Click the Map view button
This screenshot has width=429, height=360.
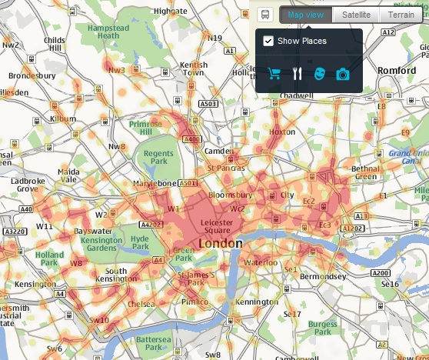click(x=306, y=15)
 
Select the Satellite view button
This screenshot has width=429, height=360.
click(x=356, y=15)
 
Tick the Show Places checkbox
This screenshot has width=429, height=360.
click(x=268, y=42)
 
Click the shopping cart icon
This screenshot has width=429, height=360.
click(x=274, y=74)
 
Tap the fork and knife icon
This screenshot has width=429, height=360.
click(x=297, y=74)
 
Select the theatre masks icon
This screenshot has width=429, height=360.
click(x=320, y=74)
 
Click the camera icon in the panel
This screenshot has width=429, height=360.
click(x=343, y=74)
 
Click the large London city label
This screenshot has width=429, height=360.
click(x=220, y=243)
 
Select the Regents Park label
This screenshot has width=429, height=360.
click(x=159, y=158)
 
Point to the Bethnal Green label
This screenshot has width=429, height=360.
click(x=365, y=172)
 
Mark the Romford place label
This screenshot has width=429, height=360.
click(x=397, y=71)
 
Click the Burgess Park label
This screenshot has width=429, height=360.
click(x=323, y=329)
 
